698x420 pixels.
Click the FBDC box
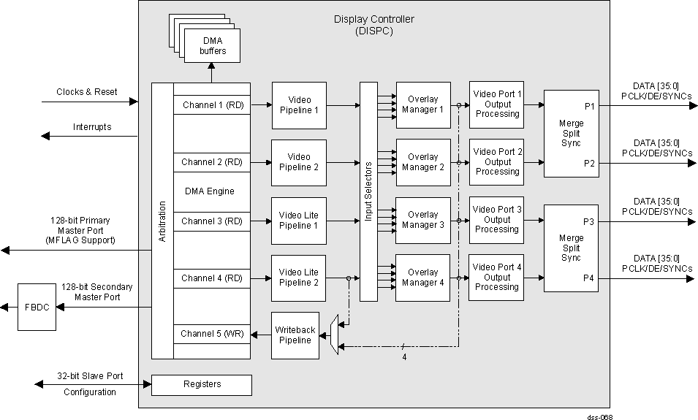(37, 308)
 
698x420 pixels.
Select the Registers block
(201, 384)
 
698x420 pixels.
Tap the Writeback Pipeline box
(295, 335)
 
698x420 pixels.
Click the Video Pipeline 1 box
(299, 105)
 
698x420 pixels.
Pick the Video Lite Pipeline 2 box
(299, 278)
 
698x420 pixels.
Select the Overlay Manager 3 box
(422, 220)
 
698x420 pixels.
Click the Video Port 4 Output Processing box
(497, 278)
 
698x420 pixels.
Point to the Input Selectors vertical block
(368, 191)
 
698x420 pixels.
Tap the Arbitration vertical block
(162, 221)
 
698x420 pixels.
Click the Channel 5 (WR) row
(212, 335)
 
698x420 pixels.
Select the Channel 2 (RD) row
(212, 162)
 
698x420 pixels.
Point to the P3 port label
(589, 221)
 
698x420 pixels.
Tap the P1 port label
(589, 107)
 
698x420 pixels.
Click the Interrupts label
(92, 127)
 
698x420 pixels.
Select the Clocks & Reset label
(86, 92)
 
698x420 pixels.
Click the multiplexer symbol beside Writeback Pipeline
(334, 335)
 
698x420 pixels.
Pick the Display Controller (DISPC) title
(373, 25)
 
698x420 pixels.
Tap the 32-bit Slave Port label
(90, 376)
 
